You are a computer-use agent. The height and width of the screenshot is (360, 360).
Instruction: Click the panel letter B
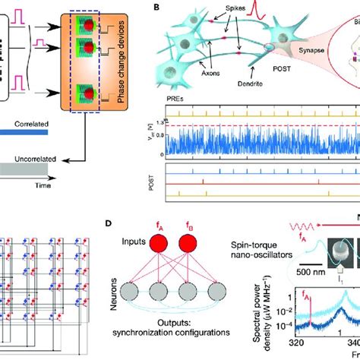pyautogui.click(x=157, y=8)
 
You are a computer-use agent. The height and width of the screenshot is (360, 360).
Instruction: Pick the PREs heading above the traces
pyautogui.click(x=174, y=99)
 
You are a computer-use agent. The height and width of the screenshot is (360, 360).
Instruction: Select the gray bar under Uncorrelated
pyautogui.click(x=24, y=173)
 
